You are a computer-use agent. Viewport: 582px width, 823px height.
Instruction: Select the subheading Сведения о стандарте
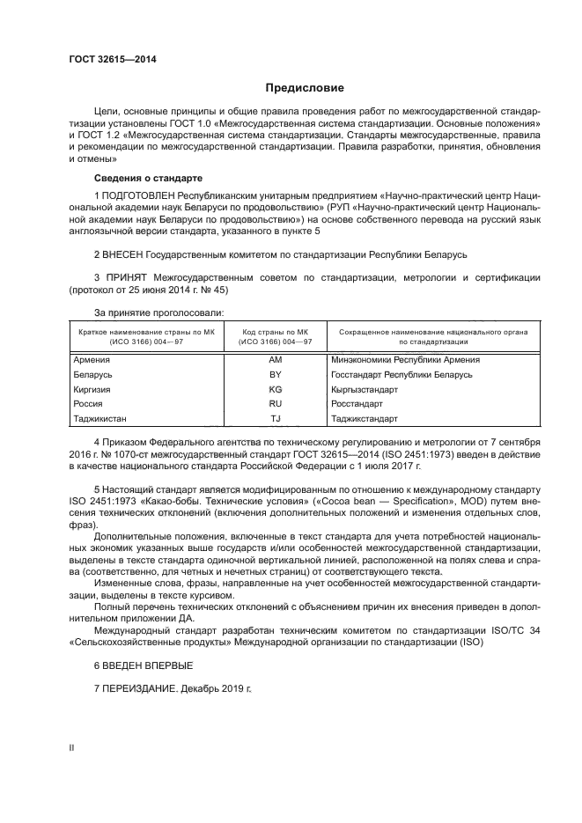click(x=135, y=178)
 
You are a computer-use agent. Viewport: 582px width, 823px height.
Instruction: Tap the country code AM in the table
click(x=275, y=359)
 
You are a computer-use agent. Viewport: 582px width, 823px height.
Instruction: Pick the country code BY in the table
click(x=275, y=374)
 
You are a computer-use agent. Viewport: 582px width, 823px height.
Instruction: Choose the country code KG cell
click(x=275, y=388)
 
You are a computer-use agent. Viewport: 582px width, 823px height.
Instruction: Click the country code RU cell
click(x=275, y=403)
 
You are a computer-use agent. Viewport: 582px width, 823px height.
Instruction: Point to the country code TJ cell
click(x=275, y=418)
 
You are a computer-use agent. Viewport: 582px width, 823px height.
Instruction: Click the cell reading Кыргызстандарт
click(x=365, y=388)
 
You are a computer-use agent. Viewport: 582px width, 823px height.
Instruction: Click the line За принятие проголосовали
click(x=158, y=312)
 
